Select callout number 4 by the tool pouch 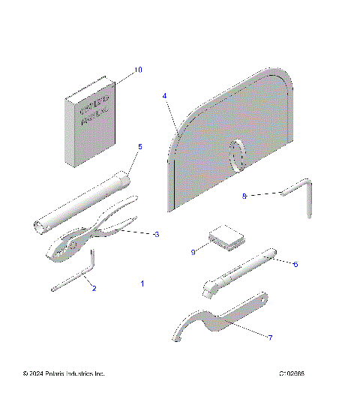(x=165, y=96)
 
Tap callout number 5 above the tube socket (x=139, y=146)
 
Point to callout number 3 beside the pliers (x=156, y=235)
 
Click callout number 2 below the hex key (x=94, y=287)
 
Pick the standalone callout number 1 (x=142, y=283)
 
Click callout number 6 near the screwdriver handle (x=295, y=264)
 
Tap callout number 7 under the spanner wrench (x=270, y=337)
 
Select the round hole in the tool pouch (x=237, y=156)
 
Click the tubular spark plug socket (x=82, y=202)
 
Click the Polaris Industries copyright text (x=64, y=373)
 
